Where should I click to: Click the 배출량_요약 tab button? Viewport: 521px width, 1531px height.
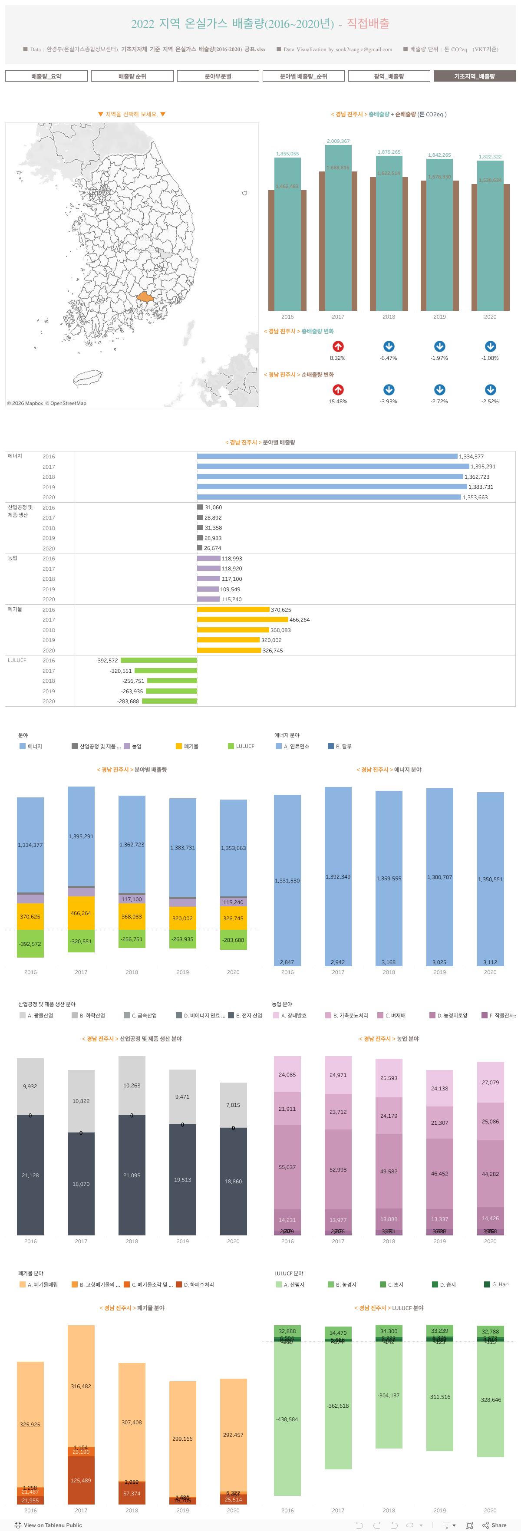[46, 76]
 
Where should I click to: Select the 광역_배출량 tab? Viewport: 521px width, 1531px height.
[389, 76]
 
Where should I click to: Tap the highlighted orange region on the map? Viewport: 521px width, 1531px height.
[145, 296]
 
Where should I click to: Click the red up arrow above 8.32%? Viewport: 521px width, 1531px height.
[338, 346]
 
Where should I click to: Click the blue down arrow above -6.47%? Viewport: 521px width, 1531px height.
[389, 346]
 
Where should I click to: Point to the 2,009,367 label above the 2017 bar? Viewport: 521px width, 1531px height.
[338, 141]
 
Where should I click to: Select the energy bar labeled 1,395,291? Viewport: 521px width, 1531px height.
[333, 467]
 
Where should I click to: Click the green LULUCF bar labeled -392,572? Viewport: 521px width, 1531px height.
[159, 660]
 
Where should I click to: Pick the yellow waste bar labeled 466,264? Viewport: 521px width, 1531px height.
[242, 619]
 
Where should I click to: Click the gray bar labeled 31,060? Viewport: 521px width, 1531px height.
[200, 507]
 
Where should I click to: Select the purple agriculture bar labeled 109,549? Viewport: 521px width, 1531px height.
[208, 589]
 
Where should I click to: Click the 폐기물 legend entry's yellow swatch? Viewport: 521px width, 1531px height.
[179, 746]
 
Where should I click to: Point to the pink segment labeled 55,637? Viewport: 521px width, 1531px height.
[287, 1167]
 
